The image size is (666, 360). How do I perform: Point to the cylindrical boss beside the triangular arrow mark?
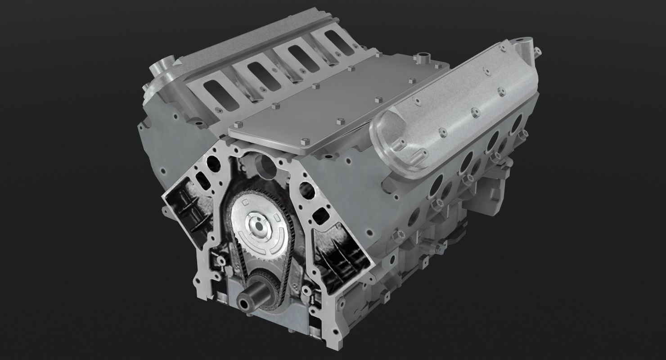click(161, 71)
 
